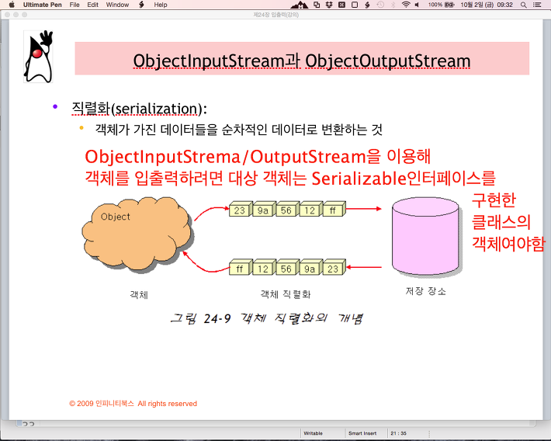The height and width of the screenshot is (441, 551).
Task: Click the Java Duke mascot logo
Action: (x=38, y=57)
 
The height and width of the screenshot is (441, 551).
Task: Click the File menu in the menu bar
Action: (x=75, y=5)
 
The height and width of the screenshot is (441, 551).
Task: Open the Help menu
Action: (x=160, y=5)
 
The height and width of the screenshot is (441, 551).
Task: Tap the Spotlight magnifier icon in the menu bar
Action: (x=523, y=5)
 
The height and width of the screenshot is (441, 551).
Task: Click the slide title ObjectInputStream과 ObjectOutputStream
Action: (x=302, y=61)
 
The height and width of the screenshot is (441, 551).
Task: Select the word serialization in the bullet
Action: (x=156, y=109)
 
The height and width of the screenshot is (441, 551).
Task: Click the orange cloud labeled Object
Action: (x=137, y=234)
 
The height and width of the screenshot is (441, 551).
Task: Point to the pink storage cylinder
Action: (x=425, y=235)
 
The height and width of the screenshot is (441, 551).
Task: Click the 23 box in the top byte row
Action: (x=240, y=210)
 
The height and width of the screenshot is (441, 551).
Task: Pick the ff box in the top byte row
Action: (x=334, y=210)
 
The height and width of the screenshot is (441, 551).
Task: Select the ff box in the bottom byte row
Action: (x=240, y=268)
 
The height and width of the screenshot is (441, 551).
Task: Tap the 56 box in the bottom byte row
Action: (x=287, y=268)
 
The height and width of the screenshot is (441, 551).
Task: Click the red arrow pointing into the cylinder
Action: (x=364, y=209)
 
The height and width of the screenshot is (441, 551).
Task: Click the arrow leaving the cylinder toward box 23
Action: (x=364, y=267)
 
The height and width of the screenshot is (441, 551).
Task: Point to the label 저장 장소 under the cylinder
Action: (x=425, y=291)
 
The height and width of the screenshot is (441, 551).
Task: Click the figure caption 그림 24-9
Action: (x=200, y=318)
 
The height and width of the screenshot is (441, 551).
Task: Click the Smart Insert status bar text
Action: (x=362, y=433)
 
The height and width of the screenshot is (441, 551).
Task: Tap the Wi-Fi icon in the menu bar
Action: (x=406, y=5)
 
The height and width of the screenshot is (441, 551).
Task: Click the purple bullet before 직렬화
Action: (x=55, y=106)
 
